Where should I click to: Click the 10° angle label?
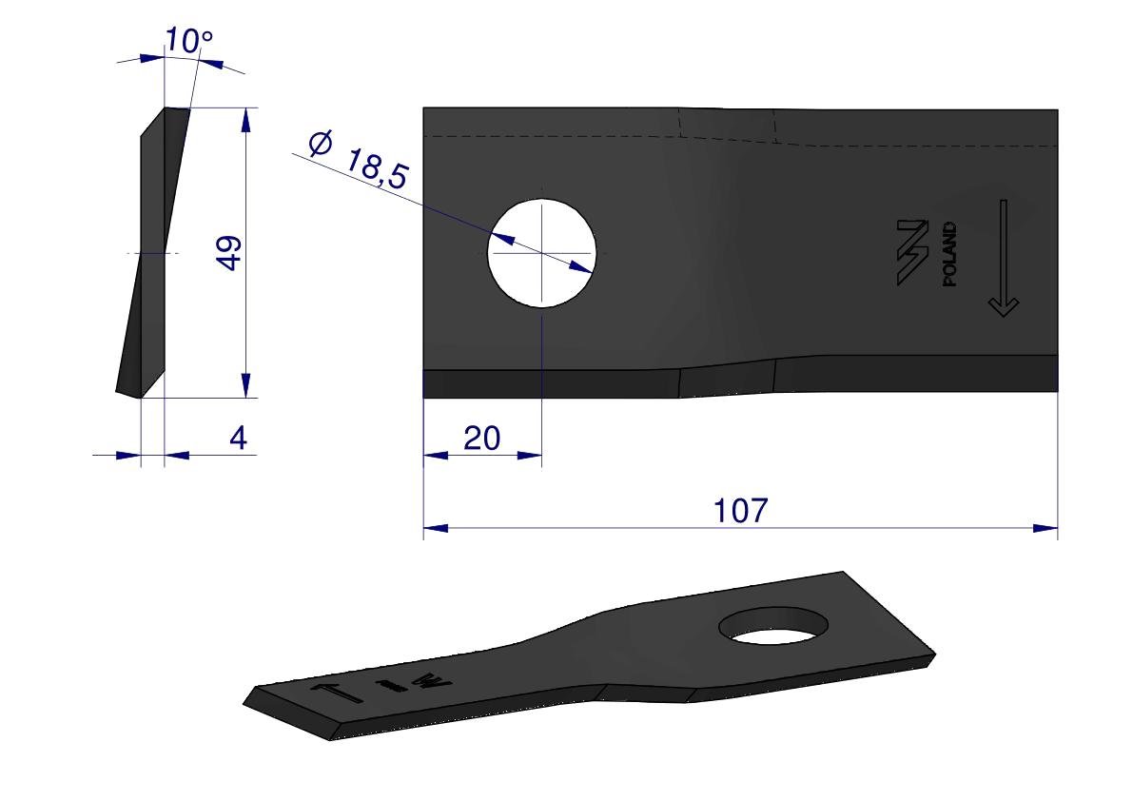point(188,41)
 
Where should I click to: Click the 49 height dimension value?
point(230,253)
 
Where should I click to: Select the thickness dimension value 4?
point(238,438)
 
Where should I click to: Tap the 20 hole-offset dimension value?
point(482,438)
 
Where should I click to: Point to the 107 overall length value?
point(741,510)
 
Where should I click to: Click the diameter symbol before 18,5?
point(320,143)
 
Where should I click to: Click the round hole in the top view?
point(542,253)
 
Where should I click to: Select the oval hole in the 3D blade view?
point(773,626)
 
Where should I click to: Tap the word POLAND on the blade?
point(950,254)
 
